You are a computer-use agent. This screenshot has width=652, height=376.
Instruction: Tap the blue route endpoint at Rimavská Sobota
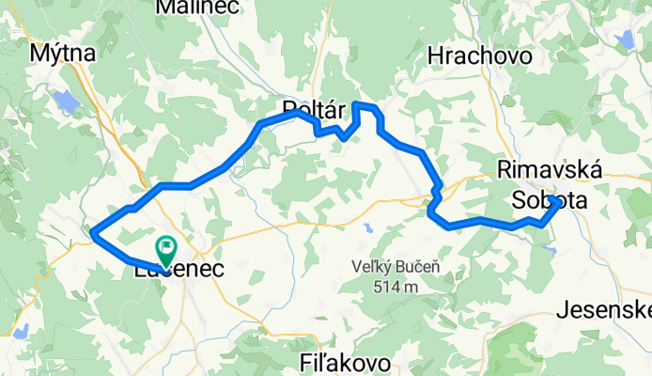coord(556,202)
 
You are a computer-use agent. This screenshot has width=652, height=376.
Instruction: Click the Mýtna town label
coord(63,54)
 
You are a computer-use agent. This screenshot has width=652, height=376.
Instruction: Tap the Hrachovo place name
coord(479,56)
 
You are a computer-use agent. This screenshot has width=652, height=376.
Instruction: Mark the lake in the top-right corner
coord(624,39)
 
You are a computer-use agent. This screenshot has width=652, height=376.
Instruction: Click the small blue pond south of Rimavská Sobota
coord(551,249)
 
